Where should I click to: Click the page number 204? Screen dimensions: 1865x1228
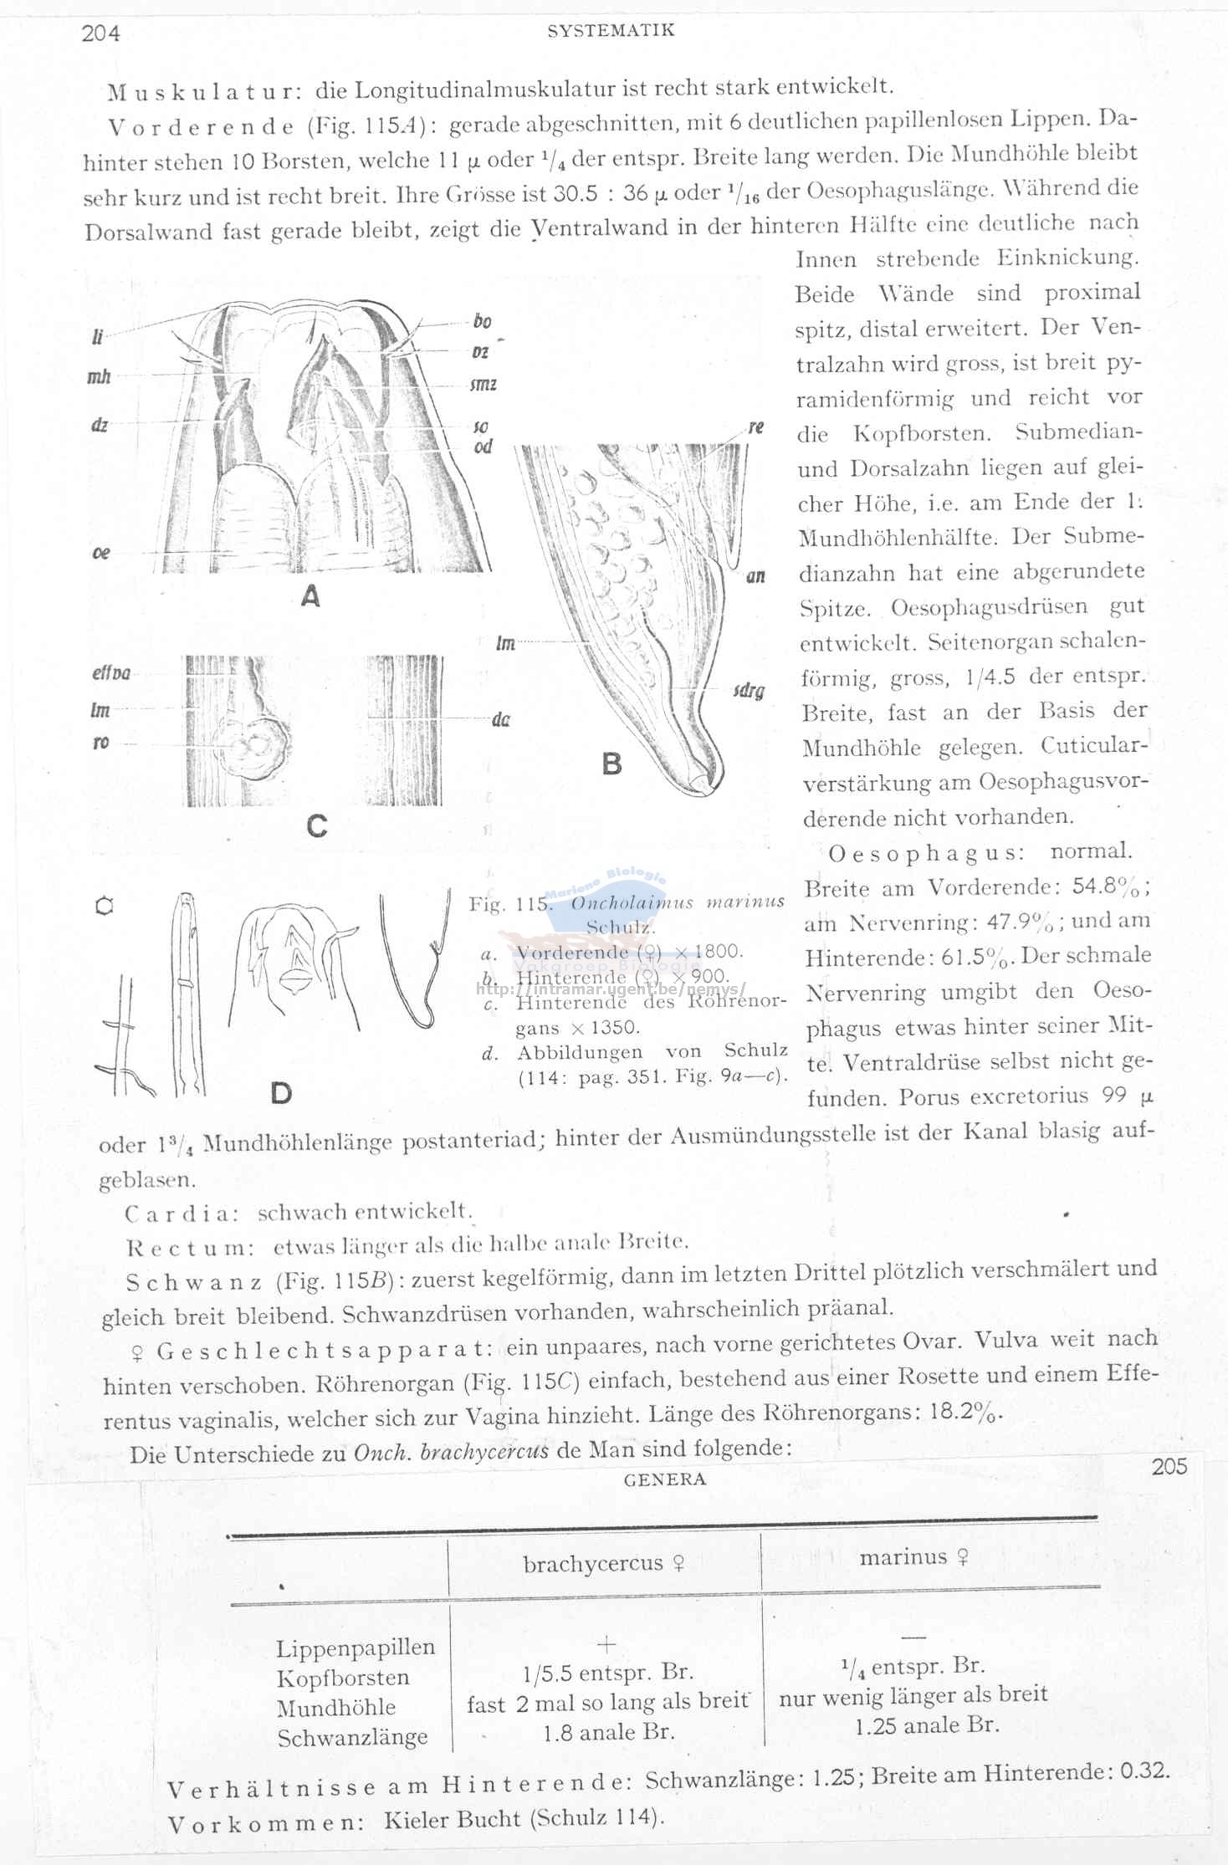coord(100,33)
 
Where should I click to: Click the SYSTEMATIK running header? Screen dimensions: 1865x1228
coord(611,31)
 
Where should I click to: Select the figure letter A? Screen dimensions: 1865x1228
coord(310,596)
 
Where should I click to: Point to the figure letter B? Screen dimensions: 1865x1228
coord(612,764)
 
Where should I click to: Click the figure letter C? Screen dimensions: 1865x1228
coord(316,826)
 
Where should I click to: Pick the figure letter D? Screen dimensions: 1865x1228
coord(281,1092)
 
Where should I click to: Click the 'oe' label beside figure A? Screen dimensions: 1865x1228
coord(100,553)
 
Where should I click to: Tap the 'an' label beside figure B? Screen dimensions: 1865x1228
coord(755,576)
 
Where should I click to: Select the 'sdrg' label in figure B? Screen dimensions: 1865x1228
coord(749,692)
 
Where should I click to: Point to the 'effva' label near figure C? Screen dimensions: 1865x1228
coord(110,673)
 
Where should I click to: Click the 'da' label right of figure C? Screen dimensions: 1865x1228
coord(500,719)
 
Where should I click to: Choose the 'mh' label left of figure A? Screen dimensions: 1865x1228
coord(99,377)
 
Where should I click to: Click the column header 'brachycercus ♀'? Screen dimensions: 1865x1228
coord(604,1563)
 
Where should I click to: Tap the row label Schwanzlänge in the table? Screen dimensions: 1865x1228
coord(352,1738)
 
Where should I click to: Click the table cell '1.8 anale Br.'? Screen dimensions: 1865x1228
coord(608,1732)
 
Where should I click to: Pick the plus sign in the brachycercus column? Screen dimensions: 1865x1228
coord(606,1643)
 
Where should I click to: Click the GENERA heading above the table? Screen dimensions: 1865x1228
coord(665,1479)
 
